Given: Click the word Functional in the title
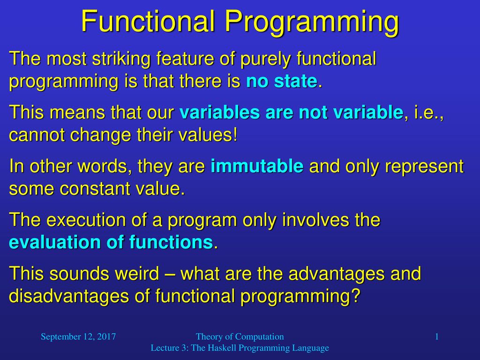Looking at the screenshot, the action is click(x=148, y=21).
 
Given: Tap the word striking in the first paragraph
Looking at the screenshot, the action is click(x=121, y=58).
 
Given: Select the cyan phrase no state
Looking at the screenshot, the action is click(x=282, y=81).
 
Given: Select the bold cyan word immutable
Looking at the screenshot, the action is click(x=257, y=166).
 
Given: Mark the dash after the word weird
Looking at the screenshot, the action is click(x=170, y=274).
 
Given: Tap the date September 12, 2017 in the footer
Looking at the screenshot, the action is click(x=78, y=337).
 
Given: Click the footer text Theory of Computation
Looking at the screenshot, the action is click(x=240, y=337).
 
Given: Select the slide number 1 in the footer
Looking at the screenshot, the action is click(x=437, y=337).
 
